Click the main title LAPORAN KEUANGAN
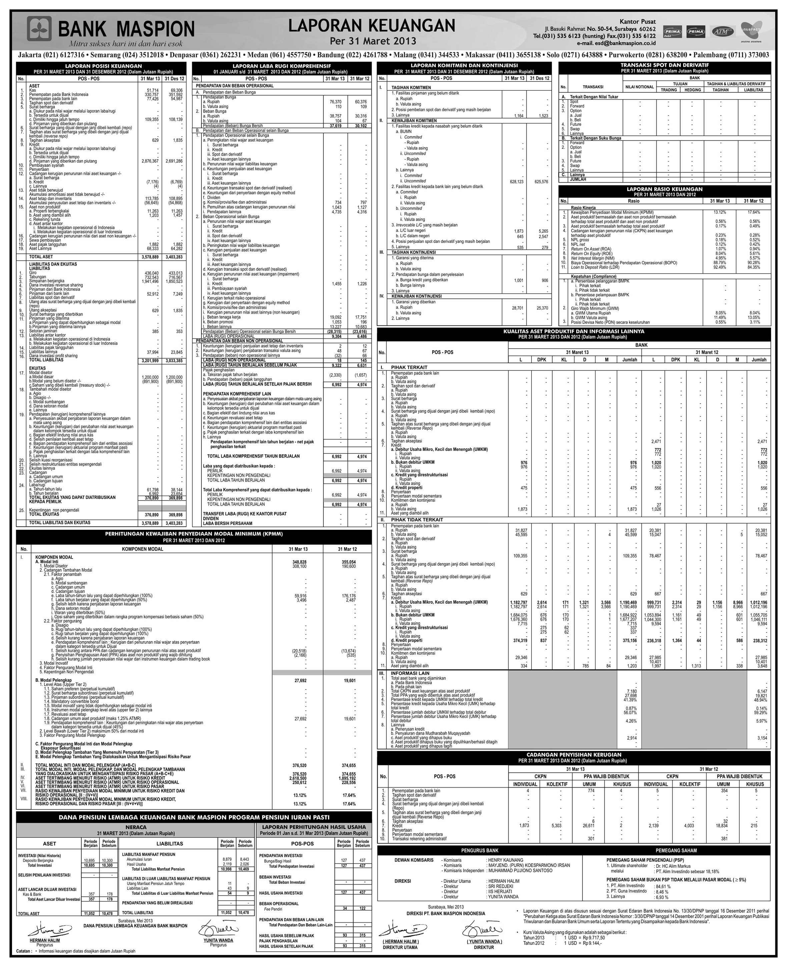tap(372, 26)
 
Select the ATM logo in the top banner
tap(722, 32)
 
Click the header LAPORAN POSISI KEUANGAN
tap(101, 66)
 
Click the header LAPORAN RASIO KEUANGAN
tap(664, 189)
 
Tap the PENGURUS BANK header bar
tap(480, 851)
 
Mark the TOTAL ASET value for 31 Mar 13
tap(150, 257)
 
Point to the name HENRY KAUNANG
tap(506, 860)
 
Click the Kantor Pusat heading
tap(637, 22)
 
